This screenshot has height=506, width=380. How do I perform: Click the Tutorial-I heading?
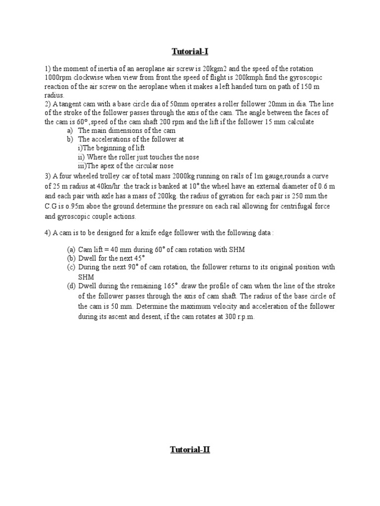click(x=190, y=51)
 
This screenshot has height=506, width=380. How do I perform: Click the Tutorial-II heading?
click(x=190, y=450)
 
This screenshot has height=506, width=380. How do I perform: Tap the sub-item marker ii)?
click(x=82, y=157)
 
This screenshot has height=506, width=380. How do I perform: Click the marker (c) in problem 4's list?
click(x=71, y=267)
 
